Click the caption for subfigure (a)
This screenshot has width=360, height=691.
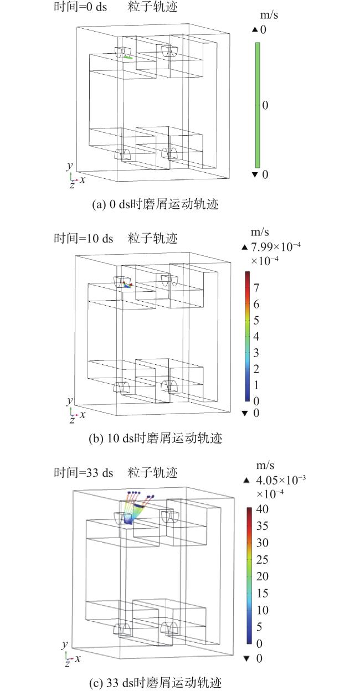(x=155, y=204)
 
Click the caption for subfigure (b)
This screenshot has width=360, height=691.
(x=155, y=438)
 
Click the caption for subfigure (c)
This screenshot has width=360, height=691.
(x=155, y=682)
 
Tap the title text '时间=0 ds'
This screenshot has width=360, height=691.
(x=80, y=7)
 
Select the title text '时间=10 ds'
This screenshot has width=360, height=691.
(x=84, y=238)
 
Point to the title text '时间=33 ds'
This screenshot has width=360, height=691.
(x=84, y=472)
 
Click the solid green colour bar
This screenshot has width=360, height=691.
(x=258, y=105)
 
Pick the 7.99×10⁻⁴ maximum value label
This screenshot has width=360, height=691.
(x=276, y=247)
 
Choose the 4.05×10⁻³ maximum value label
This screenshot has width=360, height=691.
(x=281, y=480)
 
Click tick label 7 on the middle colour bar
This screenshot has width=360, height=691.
(x=256, y=288)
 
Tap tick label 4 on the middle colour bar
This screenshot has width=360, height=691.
(x=256, y=336)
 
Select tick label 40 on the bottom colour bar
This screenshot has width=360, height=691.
(x=262, y=509)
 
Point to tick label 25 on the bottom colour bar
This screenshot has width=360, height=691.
(x=262, y=559)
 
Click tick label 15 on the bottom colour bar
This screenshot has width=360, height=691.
(x=262, y=593)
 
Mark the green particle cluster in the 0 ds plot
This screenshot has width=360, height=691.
(x=128, y=57)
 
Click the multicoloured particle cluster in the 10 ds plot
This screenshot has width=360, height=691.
(x=127, y=285)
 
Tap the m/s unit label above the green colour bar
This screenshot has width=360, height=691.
(x=269, y=15)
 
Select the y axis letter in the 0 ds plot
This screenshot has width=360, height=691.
(x=70, y=166)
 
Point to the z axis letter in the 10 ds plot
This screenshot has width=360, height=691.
(x=72, y=420)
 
